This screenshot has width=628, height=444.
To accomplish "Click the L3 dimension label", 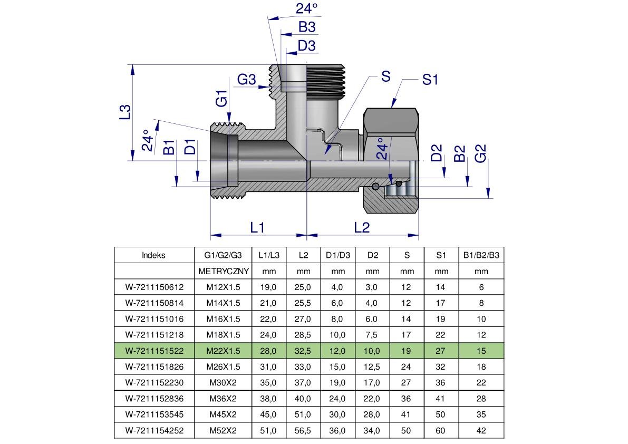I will tap(124, 112).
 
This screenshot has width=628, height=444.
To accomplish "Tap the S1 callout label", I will tap(430, 80).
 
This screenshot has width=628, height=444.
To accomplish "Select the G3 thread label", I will tap(246, 80).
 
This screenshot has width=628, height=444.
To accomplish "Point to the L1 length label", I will tap(257, 227).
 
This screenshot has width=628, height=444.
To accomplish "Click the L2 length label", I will tap(362, 227).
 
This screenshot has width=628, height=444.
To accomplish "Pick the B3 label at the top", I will tap(306, 27).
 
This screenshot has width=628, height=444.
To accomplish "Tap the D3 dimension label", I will tap(306, 46).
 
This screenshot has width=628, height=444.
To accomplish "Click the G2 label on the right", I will tap(480, 153).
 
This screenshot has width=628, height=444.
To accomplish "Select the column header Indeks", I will tap(153, 255).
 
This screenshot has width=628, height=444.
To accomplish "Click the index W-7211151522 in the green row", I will tap(154, 351).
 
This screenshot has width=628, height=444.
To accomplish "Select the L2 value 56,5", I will tap(303, 430).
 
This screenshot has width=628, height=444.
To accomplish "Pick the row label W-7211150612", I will tap(154, 287).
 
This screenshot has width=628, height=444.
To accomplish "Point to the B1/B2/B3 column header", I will tap(481, 255).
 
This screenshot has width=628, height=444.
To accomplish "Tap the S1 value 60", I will tap(441, 430).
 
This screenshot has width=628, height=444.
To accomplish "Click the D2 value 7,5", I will tap(372, 335).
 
